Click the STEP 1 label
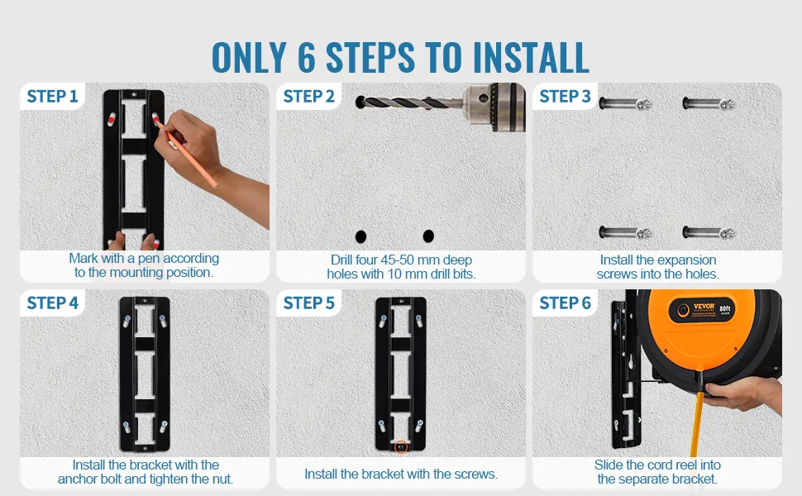(x=52, y=96)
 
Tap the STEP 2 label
(x=309, y=96)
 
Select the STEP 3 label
(x=566, y=96)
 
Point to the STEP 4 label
(x=53, y=303)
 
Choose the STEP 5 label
(x=309, y=303)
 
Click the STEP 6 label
(x=566, y=303)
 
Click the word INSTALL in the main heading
(x=531, y=57)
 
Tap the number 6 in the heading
(x=306, y=57)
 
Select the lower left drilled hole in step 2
(x=360, y=236)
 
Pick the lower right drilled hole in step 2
(x=428, y=236)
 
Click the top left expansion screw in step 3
(x=626, y=104)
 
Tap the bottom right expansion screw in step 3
(x=709, y=233)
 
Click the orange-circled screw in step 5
(x=401, y=447)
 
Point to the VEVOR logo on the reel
(x=704, y=307)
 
